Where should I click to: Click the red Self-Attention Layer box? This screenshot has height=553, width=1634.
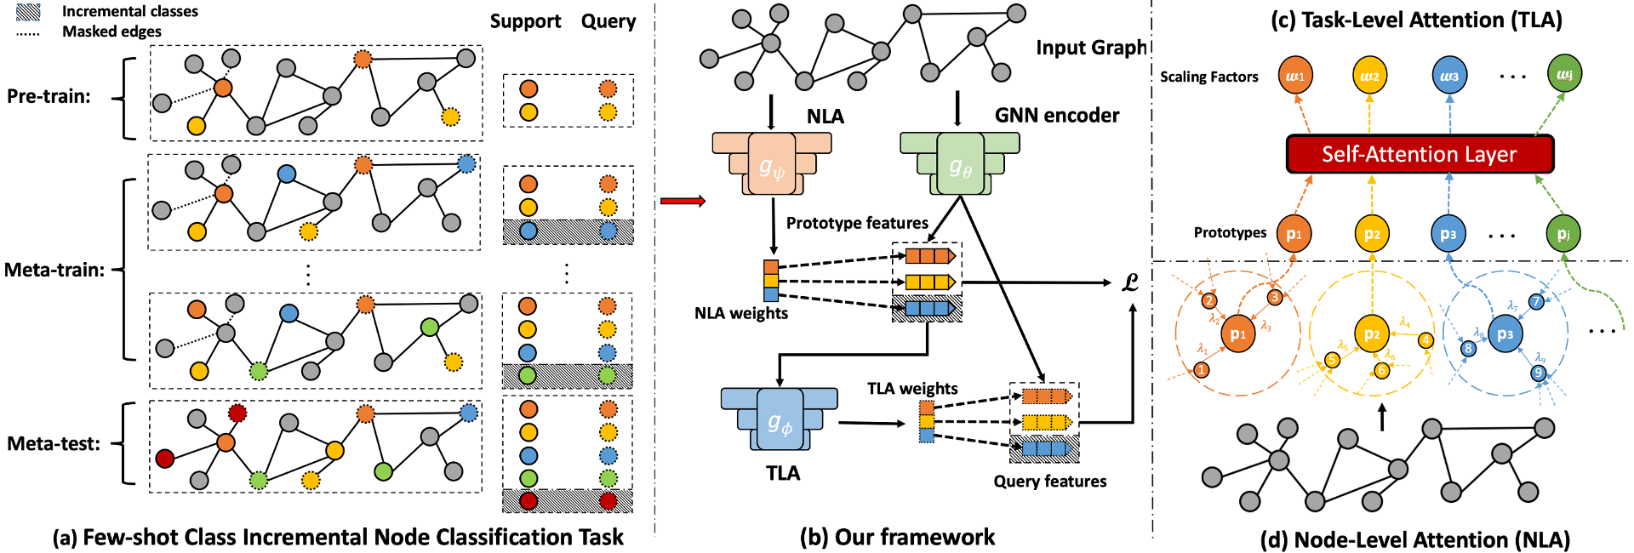click(x=1419, y=154)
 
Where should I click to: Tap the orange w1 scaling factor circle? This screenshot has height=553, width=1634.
click(x=1295, y=76)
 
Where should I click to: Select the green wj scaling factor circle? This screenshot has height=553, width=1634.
click(x=1564, y=74)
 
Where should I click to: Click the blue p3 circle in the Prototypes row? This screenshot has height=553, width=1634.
click(x=1448, y=234)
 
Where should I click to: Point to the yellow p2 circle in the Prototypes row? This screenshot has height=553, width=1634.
click(x=1372, y=234)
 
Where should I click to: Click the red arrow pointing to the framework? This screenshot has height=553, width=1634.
click(x=683, y=201)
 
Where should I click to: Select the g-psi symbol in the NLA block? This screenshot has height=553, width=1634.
click(x=771, y=168)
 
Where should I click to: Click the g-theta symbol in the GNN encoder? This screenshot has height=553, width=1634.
click(x=960, y=167)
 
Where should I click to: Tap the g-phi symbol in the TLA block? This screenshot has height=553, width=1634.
click(x=780, y=423)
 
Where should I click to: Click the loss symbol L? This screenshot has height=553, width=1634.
click(x=1130, y=282)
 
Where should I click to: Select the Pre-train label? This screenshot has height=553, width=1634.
click(x=49, y=96)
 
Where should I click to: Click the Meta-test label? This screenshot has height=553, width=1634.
click(x=54, y=443)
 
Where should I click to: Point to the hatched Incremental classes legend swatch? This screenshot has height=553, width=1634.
click(x=29, y=12)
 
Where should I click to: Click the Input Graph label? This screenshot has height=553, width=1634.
click(x=1091, y=48)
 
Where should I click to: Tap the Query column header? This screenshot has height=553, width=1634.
click(x=608, y=21)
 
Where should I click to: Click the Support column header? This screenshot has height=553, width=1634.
click(x=525, y=21)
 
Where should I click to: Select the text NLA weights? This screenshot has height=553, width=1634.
click(x=740, y=313)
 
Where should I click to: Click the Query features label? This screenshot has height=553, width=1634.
click(x=1049, y=482)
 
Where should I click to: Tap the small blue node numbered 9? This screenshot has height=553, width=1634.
click(x=1538, y=373)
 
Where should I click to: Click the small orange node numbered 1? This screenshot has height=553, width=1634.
click(x=1201, y=369)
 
